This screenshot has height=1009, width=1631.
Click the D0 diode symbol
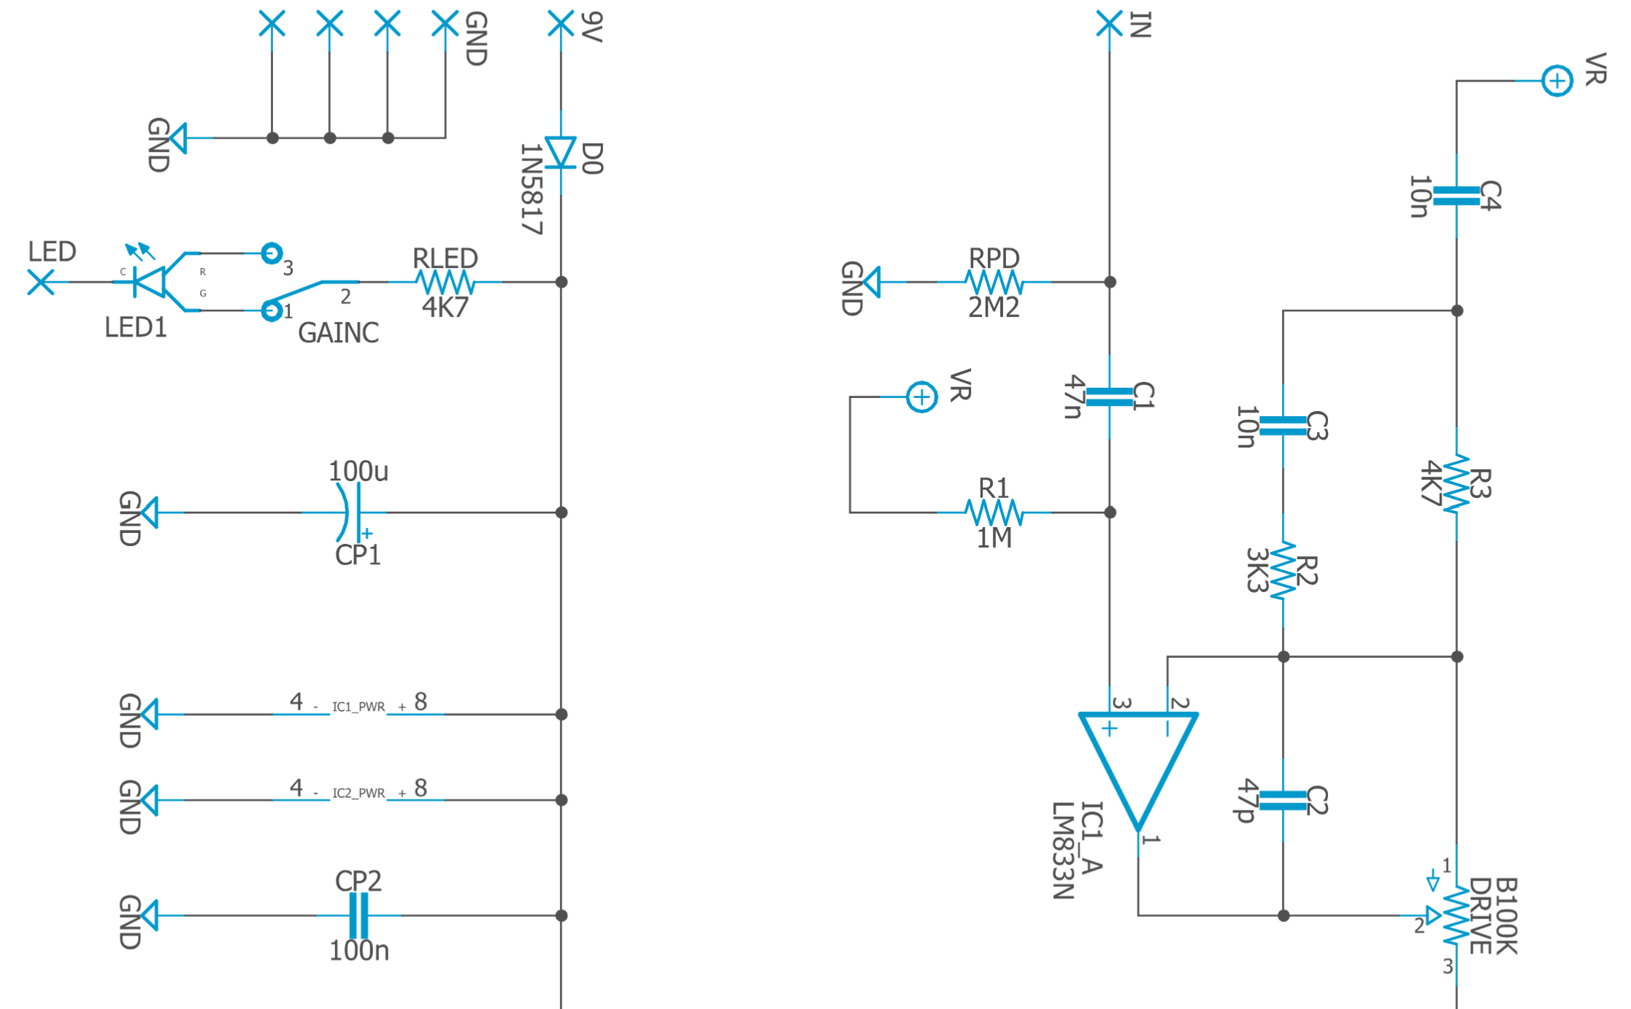pos(561,153)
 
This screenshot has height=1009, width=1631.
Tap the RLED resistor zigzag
pos(445,282)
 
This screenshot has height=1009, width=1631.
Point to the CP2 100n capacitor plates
pos(358,916)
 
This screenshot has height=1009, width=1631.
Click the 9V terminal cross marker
pos(561,23)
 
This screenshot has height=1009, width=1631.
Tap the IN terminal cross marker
pos(1109,23)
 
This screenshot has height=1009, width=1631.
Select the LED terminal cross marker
pos(41,282)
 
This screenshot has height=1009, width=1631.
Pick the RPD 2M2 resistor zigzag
pos(994,282)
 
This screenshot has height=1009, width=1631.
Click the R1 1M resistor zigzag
pos(994,513)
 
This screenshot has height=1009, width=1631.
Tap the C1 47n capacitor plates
pos(1109,397)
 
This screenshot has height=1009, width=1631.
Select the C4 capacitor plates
pos(1457,196)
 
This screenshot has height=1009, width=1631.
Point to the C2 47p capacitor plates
pos(1283,800)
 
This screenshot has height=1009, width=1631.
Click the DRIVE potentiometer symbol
pos(1454,916)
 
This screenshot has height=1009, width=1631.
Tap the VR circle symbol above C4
pos(1557,80)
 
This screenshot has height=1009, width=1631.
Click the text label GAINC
pos(338,333)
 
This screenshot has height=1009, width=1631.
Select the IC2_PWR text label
pos(358,793)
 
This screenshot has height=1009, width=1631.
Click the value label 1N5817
pos(531,188)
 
